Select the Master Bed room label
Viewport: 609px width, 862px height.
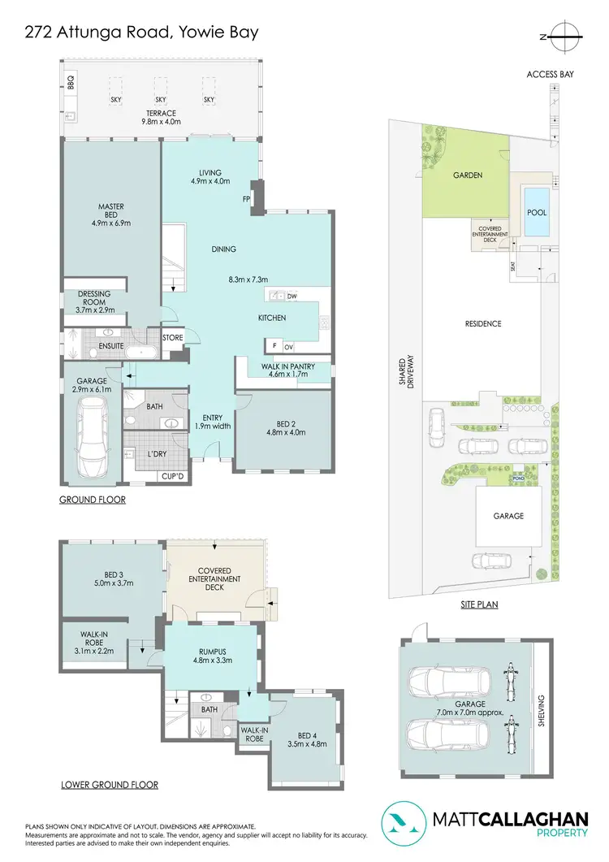pyautogui.click(x=110, y=214)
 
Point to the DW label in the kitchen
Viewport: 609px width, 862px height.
pyautogui.click(x=291, y=297)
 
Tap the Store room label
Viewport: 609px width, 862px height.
pyautogui.click(x=172, y=338)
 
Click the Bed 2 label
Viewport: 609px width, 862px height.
pyautogui.click(x=283, y=427)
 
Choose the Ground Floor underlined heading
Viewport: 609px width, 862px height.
pyautogui.click(x=93, y=500)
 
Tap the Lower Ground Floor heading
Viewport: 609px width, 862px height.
pyautogui.click(x=109, y=785)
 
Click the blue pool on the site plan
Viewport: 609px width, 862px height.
pyautogui.click(x=537, y=213)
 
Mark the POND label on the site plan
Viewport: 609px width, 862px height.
pyautogui.click(x=518, y=479)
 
